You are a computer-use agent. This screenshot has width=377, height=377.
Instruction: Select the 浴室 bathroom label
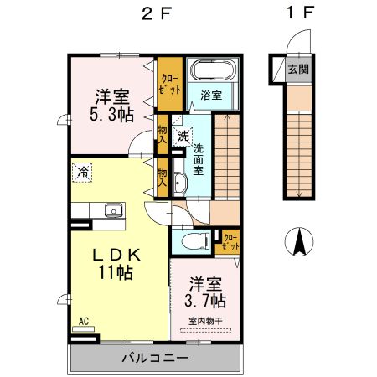click(x=211, y=96)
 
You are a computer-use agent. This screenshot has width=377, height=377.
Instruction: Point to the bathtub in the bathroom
click(x=213, y=70)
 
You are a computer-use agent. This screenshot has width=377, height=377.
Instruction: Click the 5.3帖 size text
click(x=111, y=114)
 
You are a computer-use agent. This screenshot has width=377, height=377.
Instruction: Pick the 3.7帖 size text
click(x=205, y=299)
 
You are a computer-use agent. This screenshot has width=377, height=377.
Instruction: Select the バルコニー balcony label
click(x=155, y=359)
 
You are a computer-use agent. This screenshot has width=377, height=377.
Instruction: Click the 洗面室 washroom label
click(x=199, y=158)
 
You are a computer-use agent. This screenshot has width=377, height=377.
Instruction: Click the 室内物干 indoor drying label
click(x=204, y=321)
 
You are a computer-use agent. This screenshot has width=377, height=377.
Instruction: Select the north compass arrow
click(x=298, y=243)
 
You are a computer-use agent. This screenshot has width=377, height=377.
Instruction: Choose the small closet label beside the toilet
click(x=230, y=243)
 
